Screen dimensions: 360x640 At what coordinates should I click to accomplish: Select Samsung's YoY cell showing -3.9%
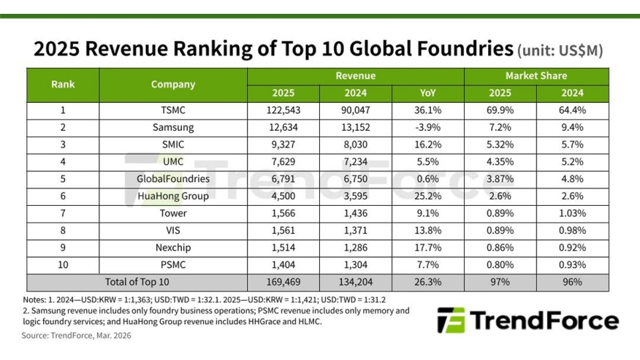click(x=427, y=128)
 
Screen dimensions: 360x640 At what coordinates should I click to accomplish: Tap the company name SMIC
click(x=173, y=145)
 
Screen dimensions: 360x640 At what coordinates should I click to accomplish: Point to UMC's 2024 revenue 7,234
click(x=356, y=161)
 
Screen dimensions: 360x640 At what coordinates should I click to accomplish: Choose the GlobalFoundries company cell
click(x=173, y=179)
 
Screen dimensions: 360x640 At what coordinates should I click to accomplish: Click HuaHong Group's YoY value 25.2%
click(x=427, y=196)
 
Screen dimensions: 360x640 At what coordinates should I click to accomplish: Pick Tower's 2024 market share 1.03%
click(x=572, y=213)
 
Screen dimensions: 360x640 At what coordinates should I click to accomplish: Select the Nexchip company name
click(x=173, y=248)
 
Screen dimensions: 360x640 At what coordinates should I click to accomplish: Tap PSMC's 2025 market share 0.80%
click(x=500, y=264)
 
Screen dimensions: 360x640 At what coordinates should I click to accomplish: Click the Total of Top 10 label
click(x=137, y=282)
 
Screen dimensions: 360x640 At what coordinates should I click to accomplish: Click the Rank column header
click(x=63, y=84)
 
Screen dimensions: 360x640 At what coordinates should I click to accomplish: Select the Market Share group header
click(x=536, y=76)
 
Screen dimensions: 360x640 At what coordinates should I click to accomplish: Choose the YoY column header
click(x=427, y=93)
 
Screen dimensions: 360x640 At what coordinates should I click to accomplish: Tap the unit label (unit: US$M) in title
click(x=560, y=51)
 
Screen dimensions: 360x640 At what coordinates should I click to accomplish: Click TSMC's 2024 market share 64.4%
click(x=572, y=110)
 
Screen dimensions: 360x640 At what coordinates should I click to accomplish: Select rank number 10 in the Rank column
click(x=63, y=264)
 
